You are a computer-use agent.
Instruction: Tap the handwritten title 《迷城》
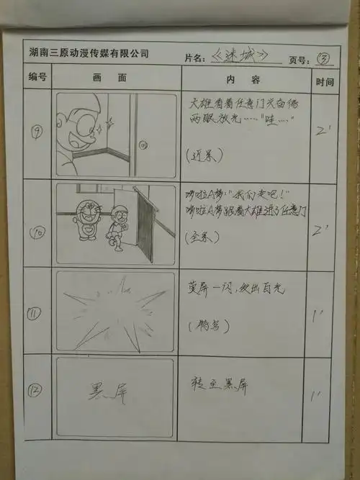tap(241, 55)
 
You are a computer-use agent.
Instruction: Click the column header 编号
tap(37, 76)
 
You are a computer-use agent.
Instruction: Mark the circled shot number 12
tap(37, 392)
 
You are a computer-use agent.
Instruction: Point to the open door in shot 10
tap(144, 223)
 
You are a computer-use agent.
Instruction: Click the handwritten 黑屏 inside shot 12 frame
tap(107, 394)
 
